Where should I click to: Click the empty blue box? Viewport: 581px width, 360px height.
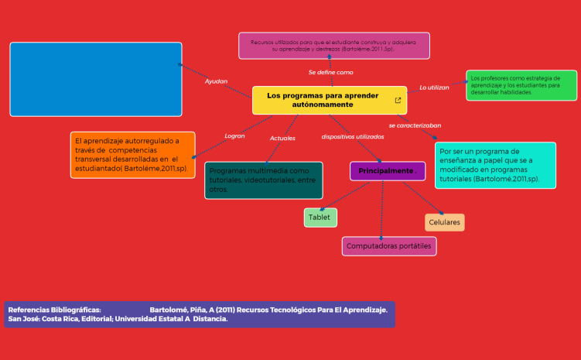click(x=96, y=79)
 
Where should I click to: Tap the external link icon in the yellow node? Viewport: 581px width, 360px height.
click(x=398, y=100)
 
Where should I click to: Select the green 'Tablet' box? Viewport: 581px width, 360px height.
click(x=320, y=218)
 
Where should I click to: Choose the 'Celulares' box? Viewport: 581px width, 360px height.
click(x=445, y=223)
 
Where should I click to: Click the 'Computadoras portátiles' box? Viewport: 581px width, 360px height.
click(x=389, y=246)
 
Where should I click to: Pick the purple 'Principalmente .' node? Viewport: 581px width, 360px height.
click(x=388, y=171)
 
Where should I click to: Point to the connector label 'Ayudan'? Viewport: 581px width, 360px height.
click(x=216, y=81)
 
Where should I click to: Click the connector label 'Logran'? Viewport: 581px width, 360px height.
click(x=234, y=135)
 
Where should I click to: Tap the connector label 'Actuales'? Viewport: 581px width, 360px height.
click(x=282, y=138)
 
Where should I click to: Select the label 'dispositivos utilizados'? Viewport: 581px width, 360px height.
click(x=353, y=136)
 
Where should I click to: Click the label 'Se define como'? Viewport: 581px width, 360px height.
click(x=330, y=72)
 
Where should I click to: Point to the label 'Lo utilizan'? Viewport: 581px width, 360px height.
click(x=434, y=87)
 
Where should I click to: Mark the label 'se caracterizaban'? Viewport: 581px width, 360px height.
click(x=415, y=125)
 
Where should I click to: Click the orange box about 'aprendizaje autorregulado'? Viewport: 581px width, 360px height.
click(x=132, y=155)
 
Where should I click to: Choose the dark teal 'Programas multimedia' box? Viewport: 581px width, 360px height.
click(x=264, y=180)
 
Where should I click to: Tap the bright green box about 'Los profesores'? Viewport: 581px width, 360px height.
click(x=521, y=85)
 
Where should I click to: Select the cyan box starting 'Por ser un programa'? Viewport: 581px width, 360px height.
click(x=495, y=165)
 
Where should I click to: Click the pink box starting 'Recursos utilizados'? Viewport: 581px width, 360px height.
click(x=333, y=46)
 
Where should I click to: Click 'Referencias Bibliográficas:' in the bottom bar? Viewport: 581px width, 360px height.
click(x=54, y=310)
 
